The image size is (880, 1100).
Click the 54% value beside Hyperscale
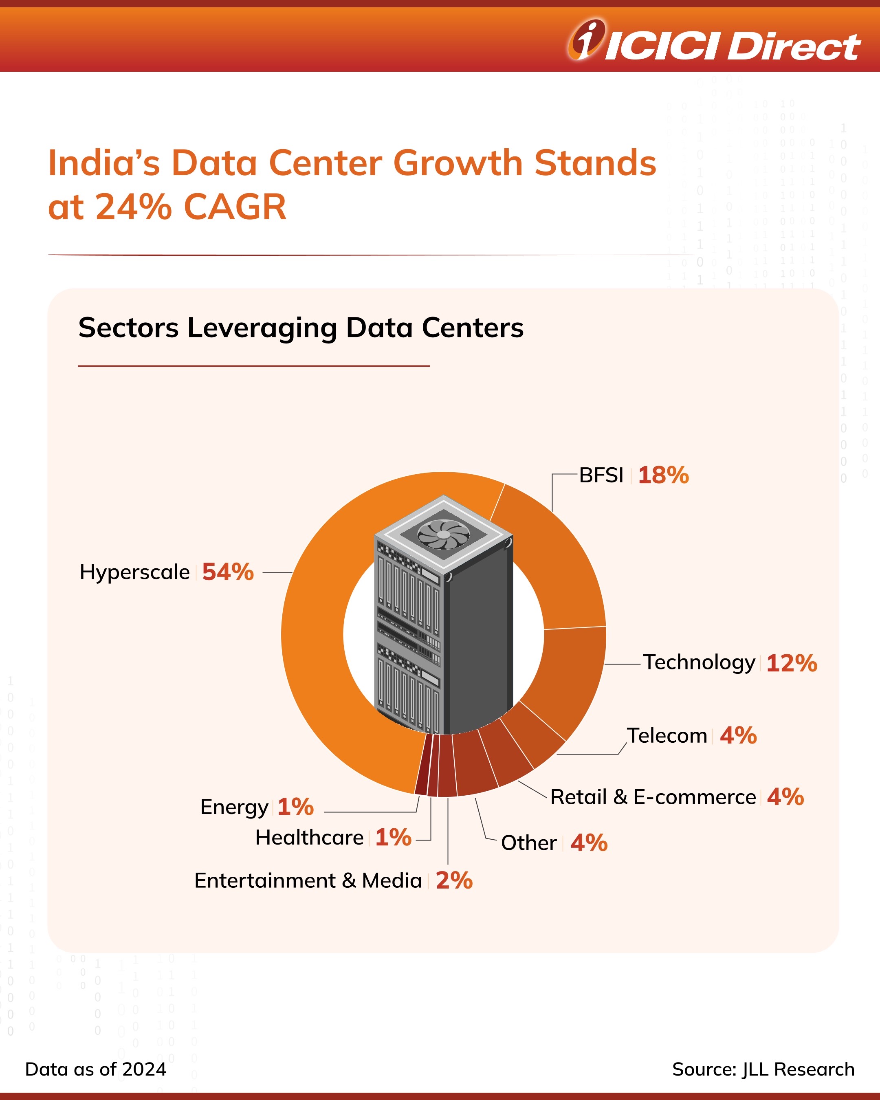point(227,572)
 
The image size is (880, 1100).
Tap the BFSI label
point(601,475)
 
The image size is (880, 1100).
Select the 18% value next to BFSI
point(663,475)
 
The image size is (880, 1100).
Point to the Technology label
point(698,662)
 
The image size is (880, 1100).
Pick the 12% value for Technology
point(791,663)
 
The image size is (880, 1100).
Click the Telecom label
point(667,736)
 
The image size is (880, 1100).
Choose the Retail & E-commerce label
point(653,797)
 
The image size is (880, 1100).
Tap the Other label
point(528,843)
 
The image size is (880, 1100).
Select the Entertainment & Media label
point(308,881)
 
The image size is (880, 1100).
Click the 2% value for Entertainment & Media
point(454,881)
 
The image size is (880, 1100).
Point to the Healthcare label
point(309,837)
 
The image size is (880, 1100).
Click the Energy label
point(234,807)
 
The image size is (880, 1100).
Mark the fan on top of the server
point(443,534)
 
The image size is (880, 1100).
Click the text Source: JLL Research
point(763,1069)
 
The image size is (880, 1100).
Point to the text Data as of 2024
point(96,1069)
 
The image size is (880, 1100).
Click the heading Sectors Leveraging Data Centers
point(301,328)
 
